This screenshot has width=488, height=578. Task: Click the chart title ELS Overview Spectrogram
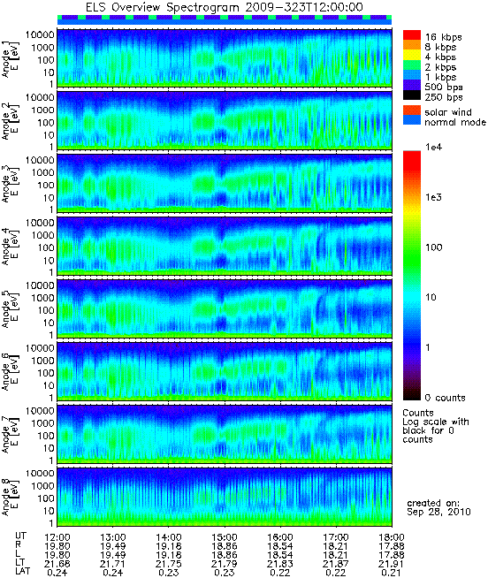tap(164, 7)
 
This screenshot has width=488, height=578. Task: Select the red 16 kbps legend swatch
tap(412, 35)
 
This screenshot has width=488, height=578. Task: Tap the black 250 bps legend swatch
tap(412, 95)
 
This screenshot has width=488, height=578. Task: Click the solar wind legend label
tap(448, 112)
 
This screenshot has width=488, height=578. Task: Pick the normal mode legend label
tap(455, 122)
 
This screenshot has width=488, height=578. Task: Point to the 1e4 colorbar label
tap(433, 147)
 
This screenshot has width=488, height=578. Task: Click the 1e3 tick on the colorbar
tap(433, 197)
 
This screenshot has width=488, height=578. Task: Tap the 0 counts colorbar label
tap(446, 398)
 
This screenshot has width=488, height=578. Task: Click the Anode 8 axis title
tap(10, 498)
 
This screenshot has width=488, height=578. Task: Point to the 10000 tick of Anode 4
tap(40, 223)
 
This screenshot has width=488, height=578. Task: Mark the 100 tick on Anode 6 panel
tap(46, 373)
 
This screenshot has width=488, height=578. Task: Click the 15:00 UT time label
tap(225, 537)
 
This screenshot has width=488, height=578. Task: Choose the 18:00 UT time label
tap(392, 537)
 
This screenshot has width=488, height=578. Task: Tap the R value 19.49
tap(113, 546)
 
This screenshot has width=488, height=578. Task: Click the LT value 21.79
tap(225, 564)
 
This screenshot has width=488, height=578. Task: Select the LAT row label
tap(22, 571)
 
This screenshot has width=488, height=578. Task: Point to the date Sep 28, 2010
tap(438, 512)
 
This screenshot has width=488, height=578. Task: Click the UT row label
tap(20, 536)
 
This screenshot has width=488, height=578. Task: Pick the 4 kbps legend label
tap(440, 57)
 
